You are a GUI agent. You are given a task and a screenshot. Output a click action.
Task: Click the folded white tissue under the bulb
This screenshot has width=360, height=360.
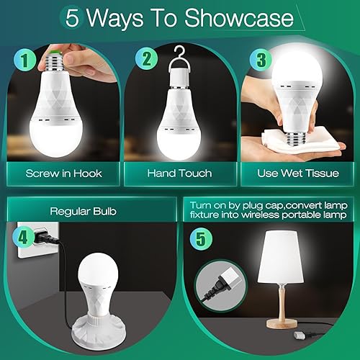point(302,141)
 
